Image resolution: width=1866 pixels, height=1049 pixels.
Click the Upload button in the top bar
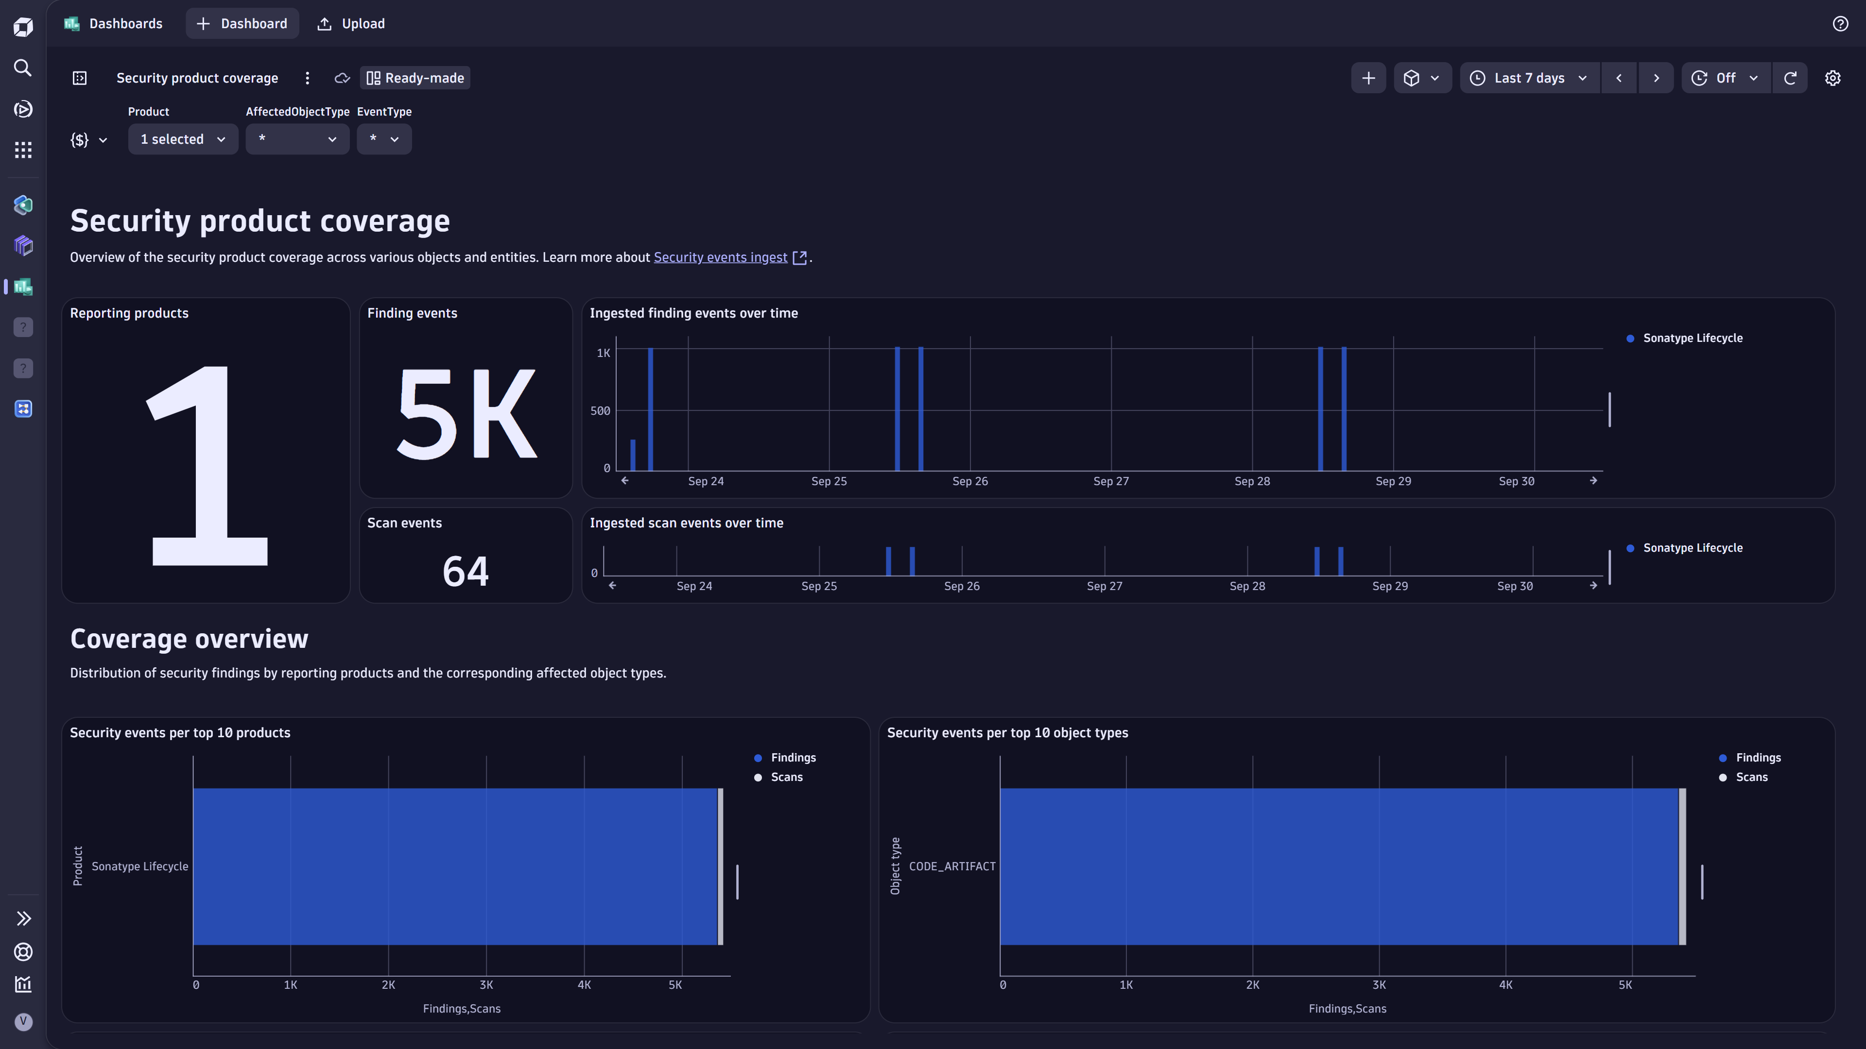[x=351, y=24]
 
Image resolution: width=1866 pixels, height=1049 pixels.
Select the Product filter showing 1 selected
[x=183, y=139]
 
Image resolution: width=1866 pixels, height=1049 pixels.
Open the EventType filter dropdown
[x=384, y=139]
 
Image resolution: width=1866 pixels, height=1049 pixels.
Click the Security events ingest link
[x=720, y=258]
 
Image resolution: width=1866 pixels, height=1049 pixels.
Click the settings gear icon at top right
[x=1832, y=78]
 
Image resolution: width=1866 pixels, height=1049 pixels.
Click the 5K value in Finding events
[x=466, y=414]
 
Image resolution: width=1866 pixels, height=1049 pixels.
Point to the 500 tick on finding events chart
[x=600, y=410]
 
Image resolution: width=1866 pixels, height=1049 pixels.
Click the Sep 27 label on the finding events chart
[x=1110, y=481]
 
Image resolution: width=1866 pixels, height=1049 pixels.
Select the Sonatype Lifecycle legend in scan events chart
[x=1692, y=548]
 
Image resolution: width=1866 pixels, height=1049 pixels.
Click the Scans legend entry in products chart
[x=786, y=777]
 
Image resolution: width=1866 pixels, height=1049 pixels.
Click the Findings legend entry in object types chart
[x=1757, y=757]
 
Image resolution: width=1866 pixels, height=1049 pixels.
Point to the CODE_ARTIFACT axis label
[x=952, y=866]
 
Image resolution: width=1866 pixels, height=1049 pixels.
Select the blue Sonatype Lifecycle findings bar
[x=455, y=866]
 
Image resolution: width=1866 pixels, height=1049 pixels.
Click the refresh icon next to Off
[x=1790, y=78]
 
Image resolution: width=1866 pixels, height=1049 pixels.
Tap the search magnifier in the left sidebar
[x=23, y=68]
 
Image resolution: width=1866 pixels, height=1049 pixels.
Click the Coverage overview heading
[x=189, y=639]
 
